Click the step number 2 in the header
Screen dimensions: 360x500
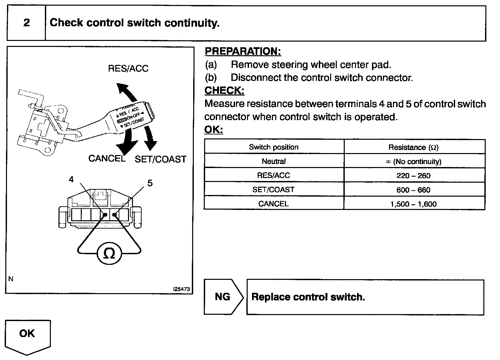point(26,23)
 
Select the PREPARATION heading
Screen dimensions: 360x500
point(243,51)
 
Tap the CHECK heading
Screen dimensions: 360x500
point(224,90)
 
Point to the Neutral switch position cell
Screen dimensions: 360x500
point(274,161)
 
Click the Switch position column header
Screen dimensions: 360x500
point(274,147)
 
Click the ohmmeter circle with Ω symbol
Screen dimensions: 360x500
point(109,254)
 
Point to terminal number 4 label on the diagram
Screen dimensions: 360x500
point(71,179)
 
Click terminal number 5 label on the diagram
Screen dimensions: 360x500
point(150,183)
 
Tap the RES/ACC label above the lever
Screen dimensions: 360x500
point(128,69)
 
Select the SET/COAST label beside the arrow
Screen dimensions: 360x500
point(160,159)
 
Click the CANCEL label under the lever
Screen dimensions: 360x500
point(107,158)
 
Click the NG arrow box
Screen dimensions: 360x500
point(223,296)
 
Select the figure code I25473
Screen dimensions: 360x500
point(182,289)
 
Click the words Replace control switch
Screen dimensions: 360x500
point(308,297)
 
